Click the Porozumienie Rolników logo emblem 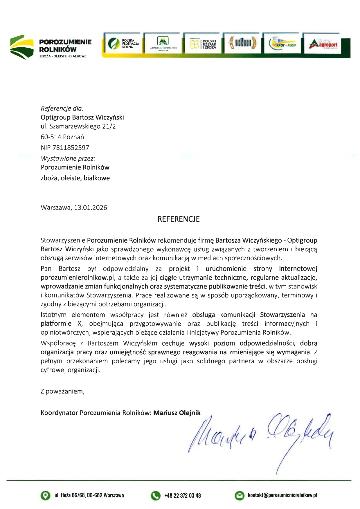coord(22,47)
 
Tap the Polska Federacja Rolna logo coord(123,44)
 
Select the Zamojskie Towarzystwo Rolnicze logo coord(163,44)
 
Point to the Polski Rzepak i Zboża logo coord(203,44)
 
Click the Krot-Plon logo coord(282,44)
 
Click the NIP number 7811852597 coord(71,148)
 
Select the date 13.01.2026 coord(91,208)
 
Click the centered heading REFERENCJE coord(179,219)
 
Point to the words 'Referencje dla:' coord(62,109)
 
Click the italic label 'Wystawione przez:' coord(68,158)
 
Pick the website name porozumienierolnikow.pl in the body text coord(78,278)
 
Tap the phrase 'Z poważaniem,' coord(62,391)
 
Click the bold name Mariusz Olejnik coord(177,413)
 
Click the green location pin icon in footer coord(45,495)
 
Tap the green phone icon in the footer coord(156,495)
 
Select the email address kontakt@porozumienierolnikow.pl coord(282,495)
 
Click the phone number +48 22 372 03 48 coord(183,496)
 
